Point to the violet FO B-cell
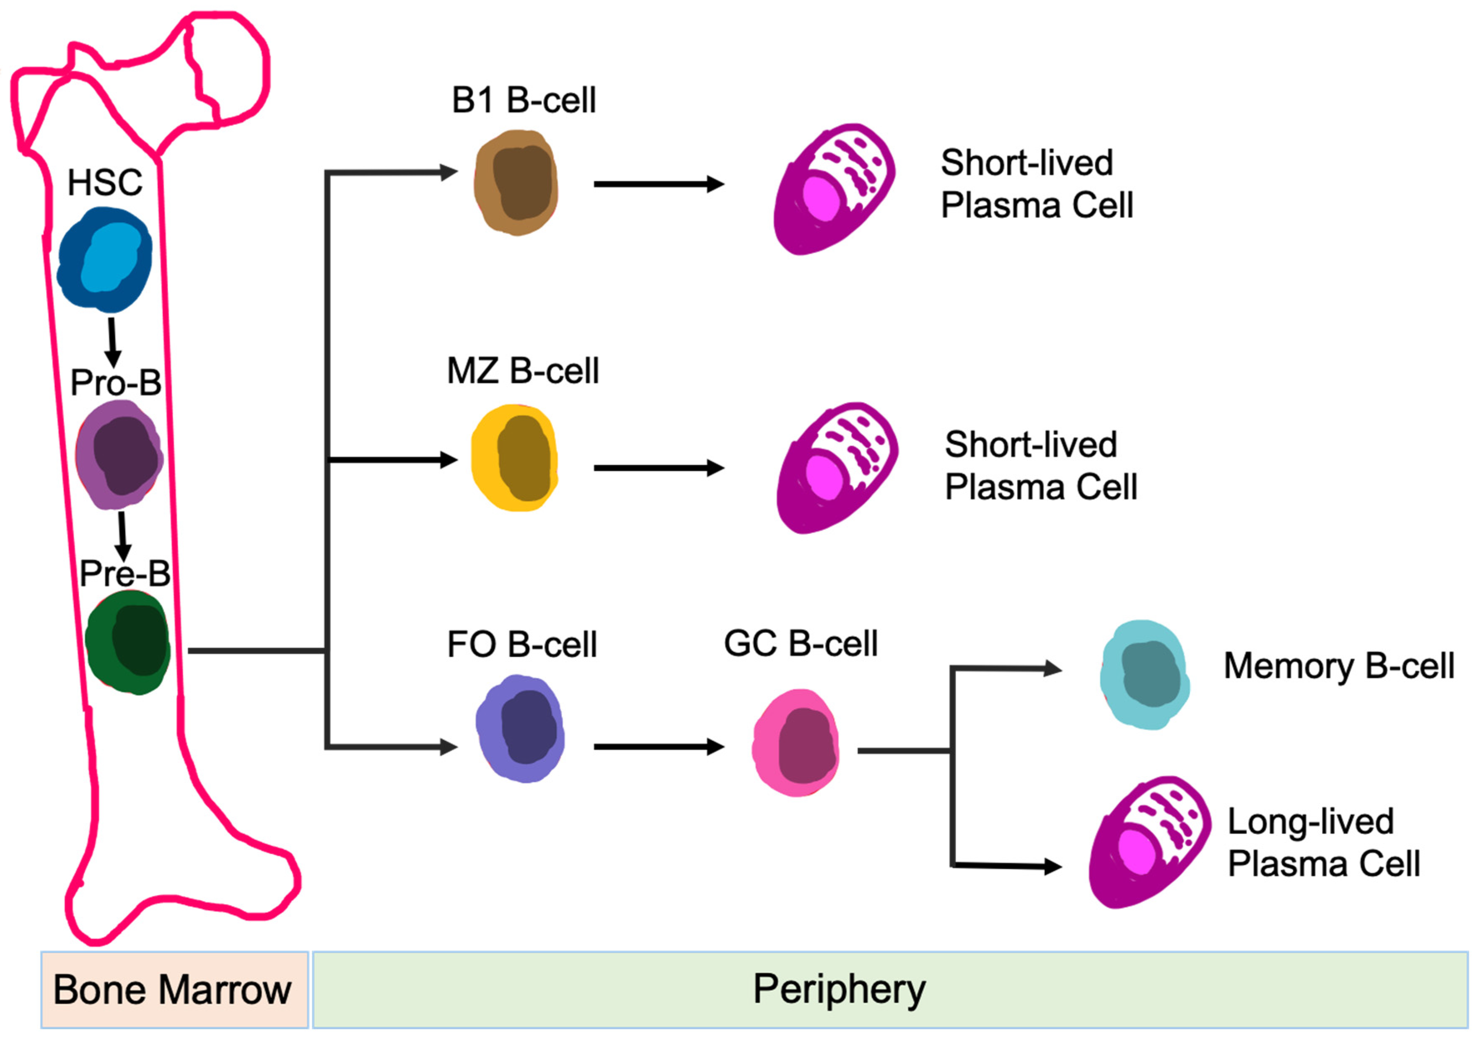[x=521, y=729]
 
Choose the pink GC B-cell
[x=797, y=743]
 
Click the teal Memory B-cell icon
[x=1145, y=675]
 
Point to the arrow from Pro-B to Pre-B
[x=122, y=536]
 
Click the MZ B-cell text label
[x=523, y=370]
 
